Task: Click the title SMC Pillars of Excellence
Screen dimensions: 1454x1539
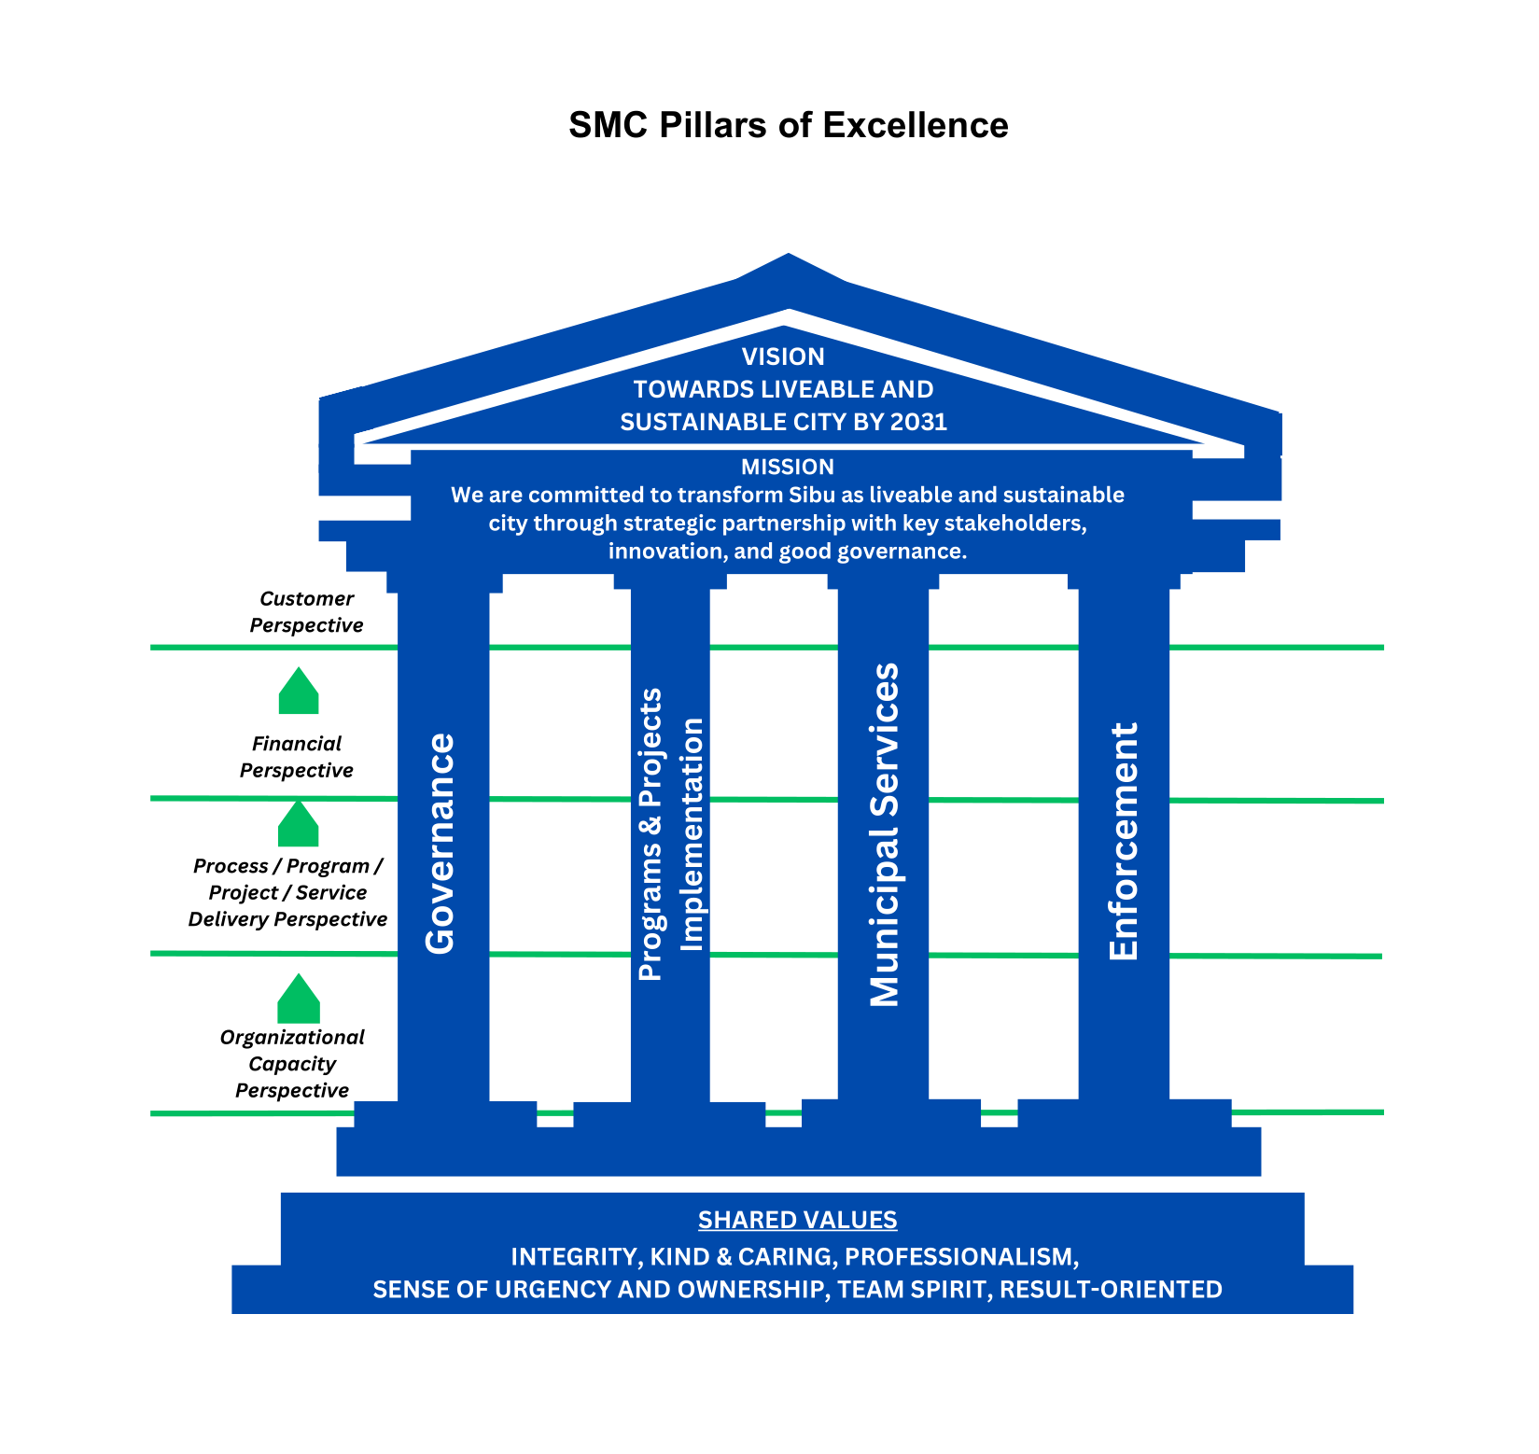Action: (x=788, y=125)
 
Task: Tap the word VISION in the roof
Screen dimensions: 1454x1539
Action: (x=783, y=357)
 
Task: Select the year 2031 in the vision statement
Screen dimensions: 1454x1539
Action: (x=918, y=422)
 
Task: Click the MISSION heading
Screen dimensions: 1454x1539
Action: (x=788, y=467)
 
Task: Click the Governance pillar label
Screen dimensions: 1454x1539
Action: (x=441, y=844)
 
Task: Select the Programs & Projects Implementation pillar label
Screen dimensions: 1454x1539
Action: (x=670, y=834)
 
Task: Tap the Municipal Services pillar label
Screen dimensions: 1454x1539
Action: (x=884, y=834)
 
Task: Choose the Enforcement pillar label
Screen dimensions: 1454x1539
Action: (x=1124, y=841)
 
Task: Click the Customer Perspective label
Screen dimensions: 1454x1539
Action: (x=306, y=612)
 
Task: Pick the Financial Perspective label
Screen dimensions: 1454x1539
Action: (x=297, y=757)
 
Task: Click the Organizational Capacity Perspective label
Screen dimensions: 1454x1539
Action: (x=292, y=1064)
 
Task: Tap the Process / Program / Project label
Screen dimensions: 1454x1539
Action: (x=287, y=892)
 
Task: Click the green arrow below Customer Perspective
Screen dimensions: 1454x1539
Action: (x=299, y=691)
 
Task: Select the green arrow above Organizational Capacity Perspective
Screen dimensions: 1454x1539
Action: (x=299, y=999)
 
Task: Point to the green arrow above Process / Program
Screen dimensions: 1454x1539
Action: (x=299, y=823)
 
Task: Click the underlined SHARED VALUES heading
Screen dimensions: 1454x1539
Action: (x=798, y=1220)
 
